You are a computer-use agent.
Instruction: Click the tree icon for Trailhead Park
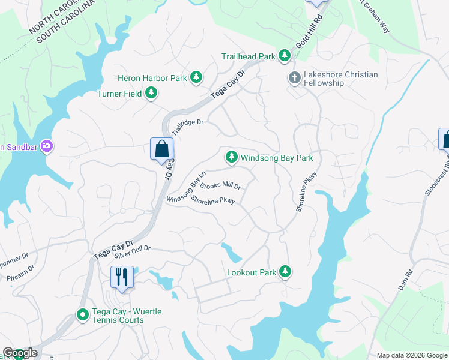(x=285, y=56)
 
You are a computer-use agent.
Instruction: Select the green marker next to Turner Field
(x=152, y=93)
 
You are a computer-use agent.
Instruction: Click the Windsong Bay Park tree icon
(x=231, y=158)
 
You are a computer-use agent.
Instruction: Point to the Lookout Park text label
(x=251, y=272)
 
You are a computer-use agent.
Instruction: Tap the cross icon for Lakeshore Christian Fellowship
(x=294, y=77)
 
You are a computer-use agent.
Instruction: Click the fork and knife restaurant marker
(x=122, y=278)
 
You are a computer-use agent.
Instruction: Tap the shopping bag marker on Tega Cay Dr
(x=162, y=149)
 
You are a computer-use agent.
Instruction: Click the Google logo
(x=20, y=353)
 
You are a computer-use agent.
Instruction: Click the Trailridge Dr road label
(x=188, y=126)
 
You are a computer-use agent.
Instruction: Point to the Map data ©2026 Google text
(x=411, y=355)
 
